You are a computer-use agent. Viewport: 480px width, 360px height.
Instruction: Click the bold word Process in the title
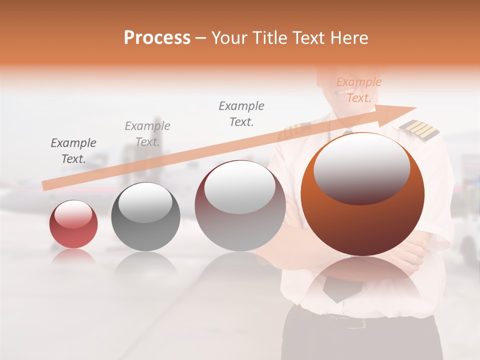pyautogui.click(x=157, y=38)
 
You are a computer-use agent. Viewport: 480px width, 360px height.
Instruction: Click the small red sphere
pyautogui.click(x=73, y=224)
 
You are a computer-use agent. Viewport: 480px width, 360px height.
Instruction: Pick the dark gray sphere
pyautogui.click(x=145, y=216)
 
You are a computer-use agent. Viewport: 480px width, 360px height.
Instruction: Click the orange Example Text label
pyautogui.click(x=358, y=90)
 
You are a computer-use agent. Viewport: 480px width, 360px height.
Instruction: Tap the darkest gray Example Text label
pyautogui.click(x=73, y=151)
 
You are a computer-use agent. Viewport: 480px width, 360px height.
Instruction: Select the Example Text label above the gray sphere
pyautogui.click(x=147, y=134)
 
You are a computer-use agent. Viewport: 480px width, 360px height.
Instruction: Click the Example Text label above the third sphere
pyautogui.click(x=241, y=113)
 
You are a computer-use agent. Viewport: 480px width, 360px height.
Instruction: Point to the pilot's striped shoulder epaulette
pyautogui.click(x=419, y=130)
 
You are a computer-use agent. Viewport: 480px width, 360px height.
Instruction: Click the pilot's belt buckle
pyautogui.click(x=356, y=323)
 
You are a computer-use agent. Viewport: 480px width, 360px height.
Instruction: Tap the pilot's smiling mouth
pyautogui.click(x=345, y=92)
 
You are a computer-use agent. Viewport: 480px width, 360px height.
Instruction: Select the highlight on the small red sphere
pyautogui.click(x=73, y=214)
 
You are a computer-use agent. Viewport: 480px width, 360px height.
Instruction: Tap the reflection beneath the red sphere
pyautogui.click(x=73, y=256)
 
